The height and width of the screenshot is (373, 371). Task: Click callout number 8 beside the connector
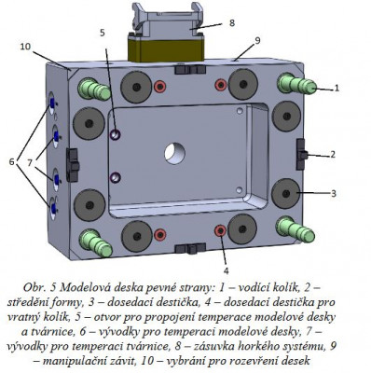[232, 22]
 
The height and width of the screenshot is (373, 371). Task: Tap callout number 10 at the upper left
[25, 47]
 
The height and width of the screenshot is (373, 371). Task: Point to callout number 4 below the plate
[226, 270]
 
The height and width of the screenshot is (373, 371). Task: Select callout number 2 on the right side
[333, 154]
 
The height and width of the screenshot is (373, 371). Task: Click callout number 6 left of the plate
[11, 161]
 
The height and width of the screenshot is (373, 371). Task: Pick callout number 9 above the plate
[257, 41]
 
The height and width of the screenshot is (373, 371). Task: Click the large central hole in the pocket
[175, 154]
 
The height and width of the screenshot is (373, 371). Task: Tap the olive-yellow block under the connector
[166, 49]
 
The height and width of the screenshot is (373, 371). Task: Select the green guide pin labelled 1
[296, 83]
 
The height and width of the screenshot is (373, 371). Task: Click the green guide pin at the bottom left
[95, 242]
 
